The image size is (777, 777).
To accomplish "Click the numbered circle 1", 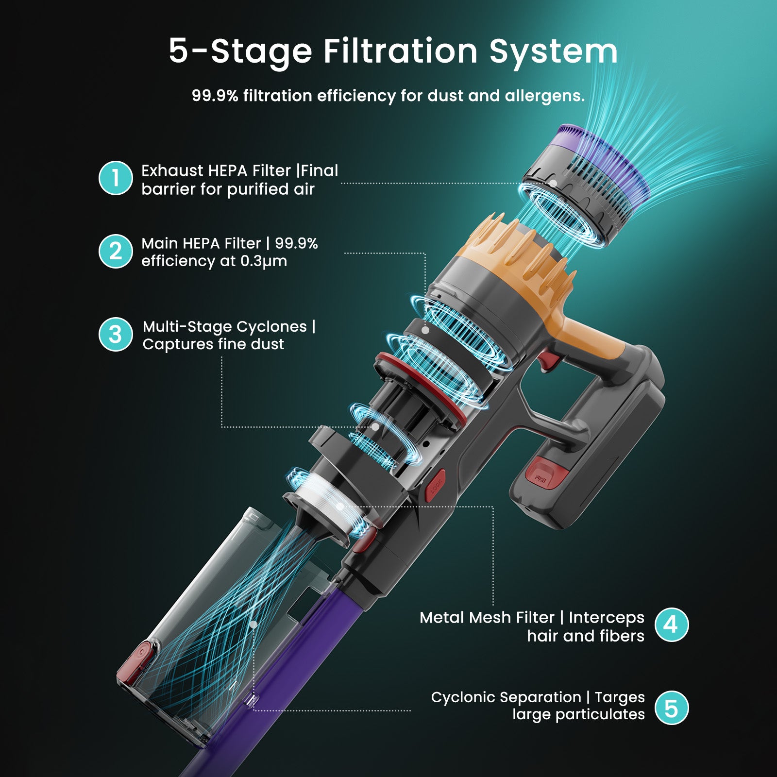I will point(116,178).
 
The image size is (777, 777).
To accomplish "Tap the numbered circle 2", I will point(116,252).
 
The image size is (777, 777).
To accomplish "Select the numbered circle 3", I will point(116,335).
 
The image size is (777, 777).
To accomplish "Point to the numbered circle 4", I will point(671,625).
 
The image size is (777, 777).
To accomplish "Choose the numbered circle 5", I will point(671,708).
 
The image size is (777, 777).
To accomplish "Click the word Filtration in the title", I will point(400,51).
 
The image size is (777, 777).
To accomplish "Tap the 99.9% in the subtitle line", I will point(215,96).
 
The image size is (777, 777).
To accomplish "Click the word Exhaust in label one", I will point(172,171).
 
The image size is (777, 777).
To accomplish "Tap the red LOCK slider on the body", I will point(436,485).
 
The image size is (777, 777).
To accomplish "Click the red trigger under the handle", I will point(550,361).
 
